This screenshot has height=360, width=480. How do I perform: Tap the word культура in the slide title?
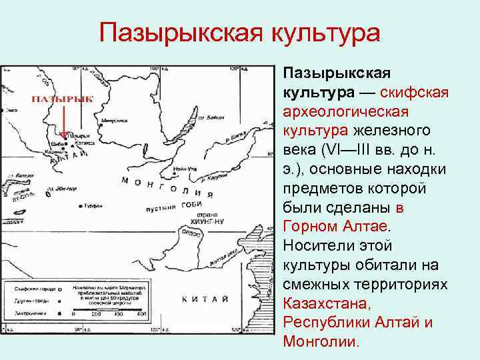click(322, 33)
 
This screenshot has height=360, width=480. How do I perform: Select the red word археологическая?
click(345, 109)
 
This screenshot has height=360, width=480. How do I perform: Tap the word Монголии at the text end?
click(321, 341)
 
